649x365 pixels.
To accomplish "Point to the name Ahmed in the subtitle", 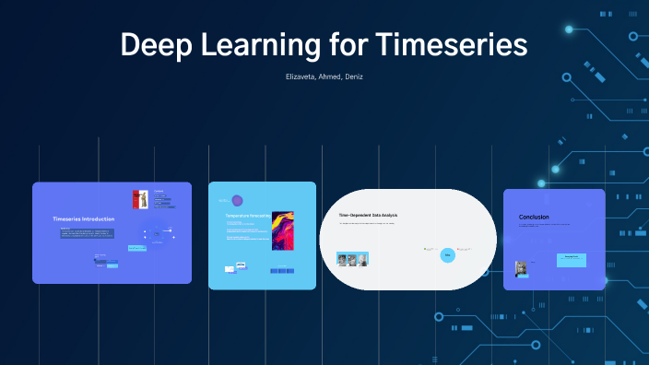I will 328,77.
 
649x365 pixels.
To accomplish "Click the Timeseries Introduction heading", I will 84,219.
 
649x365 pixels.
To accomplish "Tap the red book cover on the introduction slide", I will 140,199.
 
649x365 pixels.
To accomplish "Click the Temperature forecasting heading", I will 248,216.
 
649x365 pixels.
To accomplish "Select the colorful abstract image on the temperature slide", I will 283,228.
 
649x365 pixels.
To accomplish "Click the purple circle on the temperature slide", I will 237,200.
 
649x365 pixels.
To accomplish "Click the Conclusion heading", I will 535,218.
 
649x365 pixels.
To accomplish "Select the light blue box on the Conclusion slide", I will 572,259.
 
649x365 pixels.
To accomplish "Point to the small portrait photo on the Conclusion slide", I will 522,268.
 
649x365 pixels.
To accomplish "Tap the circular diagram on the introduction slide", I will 157,233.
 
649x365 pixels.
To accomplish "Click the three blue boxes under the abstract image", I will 282,270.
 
